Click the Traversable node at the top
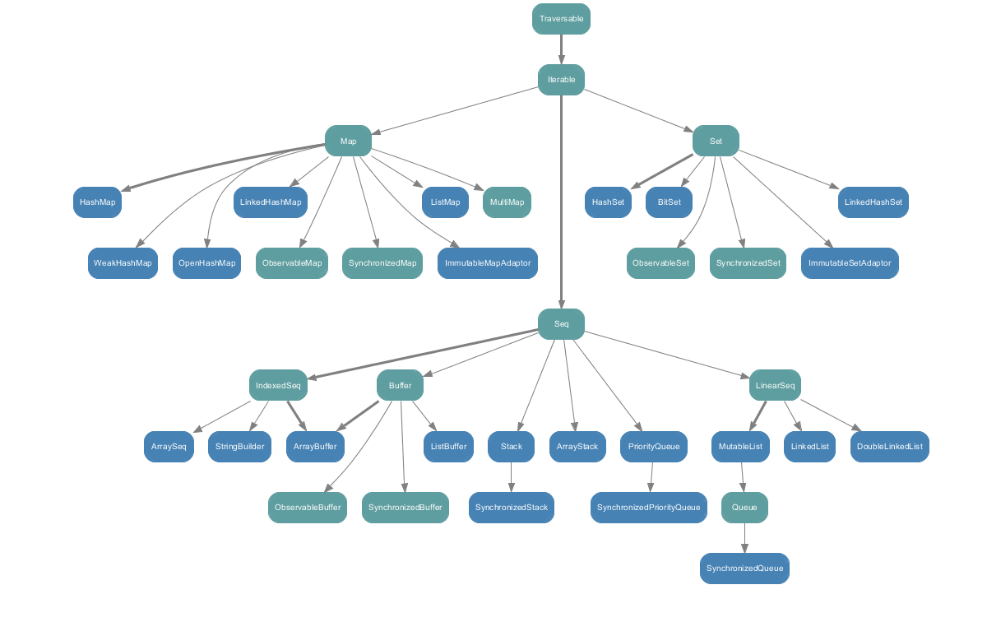[561, 18]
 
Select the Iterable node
[561, 80]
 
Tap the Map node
[348, 142]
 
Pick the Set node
[716, 142]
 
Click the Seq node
[561, 324]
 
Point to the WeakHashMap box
[123, 263]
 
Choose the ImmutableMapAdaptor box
[488, 263]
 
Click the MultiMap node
[507, 202]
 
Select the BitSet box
[669, 202]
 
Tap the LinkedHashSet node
[873, 202]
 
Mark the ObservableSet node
[660, 263]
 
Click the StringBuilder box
[239, 447]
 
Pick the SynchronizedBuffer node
[405, 508]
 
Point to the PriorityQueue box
[653, 447]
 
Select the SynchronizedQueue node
[744, 569]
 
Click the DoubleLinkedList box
[889, 447]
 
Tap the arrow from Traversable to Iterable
[561, 49]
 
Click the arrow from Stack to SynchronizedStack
[512, 477]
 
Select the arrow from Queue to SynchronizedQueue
[744, 538]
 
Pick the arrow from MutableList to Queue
[743, 477]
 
